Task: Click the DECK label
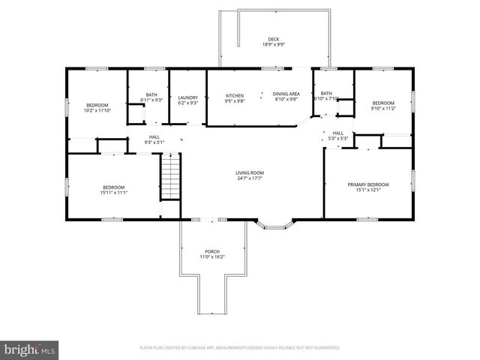273,39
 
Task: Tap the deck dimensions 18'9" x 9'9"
273,45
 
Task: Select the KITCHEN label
235,95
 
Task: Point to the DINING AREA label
286,93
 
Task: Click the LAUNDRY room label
187,97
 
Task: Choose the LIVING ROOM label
250,172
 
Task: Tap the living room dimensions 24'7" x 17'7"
250,178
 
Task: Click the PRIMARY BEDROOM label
368,184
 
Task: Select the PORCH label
212,251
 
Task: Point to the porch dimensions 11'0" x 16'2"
212,257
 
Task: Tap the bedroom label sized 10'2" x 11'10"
97,105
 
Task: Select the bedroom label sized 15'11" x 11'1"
114,187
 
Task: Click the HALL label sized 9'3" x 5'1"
154,136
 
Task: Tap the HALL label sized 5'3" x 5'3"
337,133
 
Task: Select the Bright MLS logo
30,349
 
